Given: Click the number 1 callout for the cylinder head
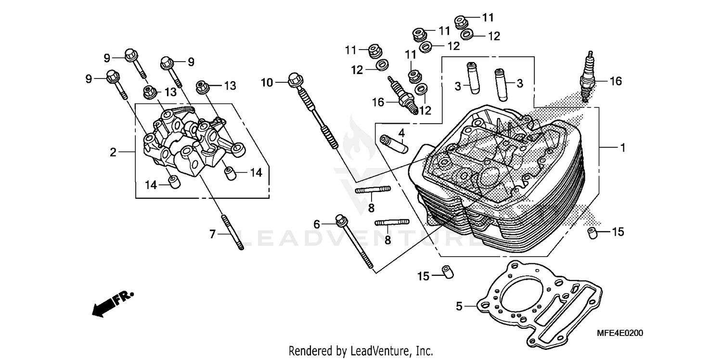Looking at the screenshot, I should coord(622,148).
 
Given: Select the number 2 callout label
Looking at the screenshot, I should coord(113,153).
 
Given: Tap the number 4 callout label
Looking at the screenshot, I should coord(401,132).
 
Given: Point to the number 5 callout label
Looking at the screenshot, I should coord(459,306).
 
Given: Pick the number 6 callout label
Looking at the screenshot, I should coord(316,224).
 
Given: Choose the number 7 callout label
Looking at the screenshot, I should coord(212,234).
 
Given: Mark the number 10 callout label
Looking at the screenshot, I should coord(267,83).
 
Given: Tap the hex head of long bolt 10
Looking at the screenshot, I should coord(295,80).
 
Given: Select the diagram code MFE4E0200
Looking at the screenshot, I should coord(620,333).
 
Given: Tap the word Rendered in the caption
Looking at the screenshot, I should coord(308,350).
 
